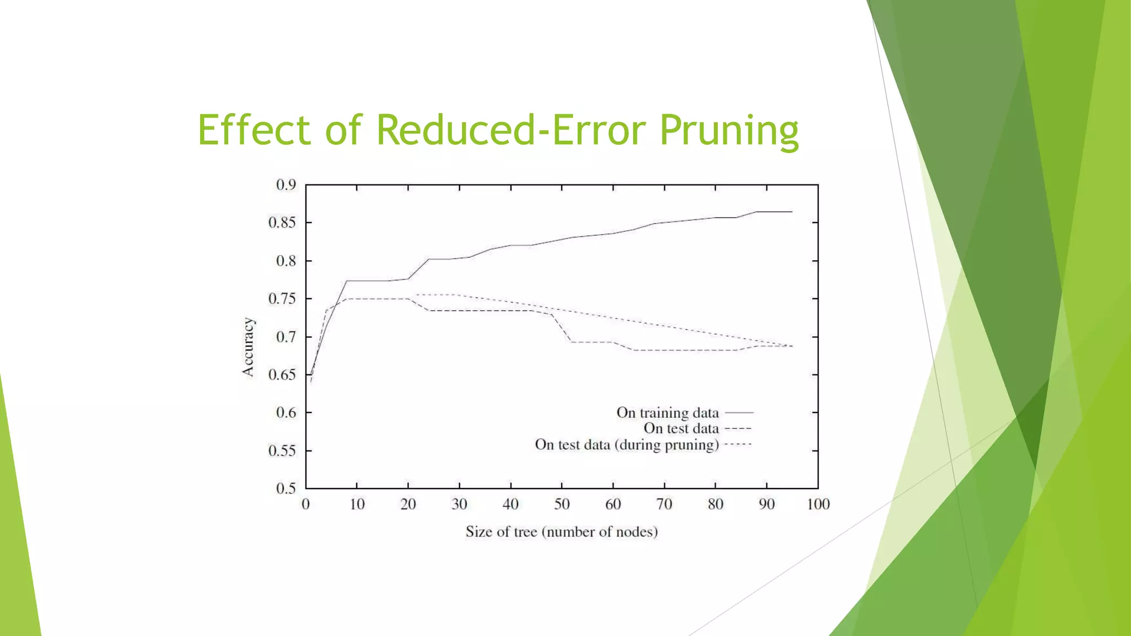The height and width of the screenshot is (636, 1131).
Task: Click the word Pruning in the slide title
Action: tap(729, 130)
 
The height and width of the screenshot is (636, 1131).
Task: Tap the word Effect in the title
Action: tap(254, 130)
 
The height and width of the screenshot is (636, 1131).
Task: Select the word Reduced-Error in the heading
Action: tap(511, 130)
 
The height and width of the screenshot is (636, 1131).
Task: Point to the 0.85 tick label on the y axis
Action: tap(282, 222)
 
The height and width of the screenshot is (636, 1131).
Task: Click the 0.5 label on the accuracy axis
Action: tap(286, 488)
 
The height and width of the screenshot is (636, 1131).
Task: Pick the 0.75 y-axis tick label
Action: tap(282, 299)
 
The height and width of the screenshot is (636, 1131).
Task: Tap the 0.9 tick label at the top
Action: tap(286, 185)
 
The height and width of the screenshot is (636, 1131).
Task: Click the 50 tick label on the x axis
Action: tap(562, 504)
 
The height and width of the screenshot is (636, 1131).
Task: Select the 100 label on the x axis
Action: tap(818, 504)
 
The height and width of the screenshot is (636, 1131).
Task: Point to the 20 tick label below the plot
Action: tap(408, 504)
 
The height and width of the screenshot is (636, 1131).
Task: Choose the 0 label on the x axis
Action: tap(305, 504)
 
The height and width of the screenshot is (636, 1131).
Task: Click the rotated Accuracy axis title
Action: tap(249, 347)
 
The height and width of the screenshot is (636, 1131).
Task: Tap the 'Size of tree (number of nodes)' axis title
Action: tap(562, 532)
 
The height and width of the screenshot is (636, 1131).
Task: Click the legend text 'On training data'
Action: tap(667, 412)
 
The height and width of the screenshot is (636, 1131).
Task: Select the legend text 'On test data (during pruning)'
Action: tap(627, 444)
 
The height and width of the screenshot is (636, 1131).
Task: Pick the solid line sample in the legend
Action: tap(739, 412)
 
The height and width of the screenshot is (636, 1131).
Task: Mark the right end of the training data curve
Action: tap(792, 211)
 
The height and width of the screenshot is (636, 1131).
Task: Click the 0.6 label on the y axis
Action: tap(286, 412)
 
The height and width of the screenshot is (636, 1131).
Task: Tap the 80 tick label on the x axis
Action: tap(715, 504)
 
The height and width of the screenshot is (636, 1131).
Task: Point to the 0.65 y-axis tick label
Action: tap(282, 375)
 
